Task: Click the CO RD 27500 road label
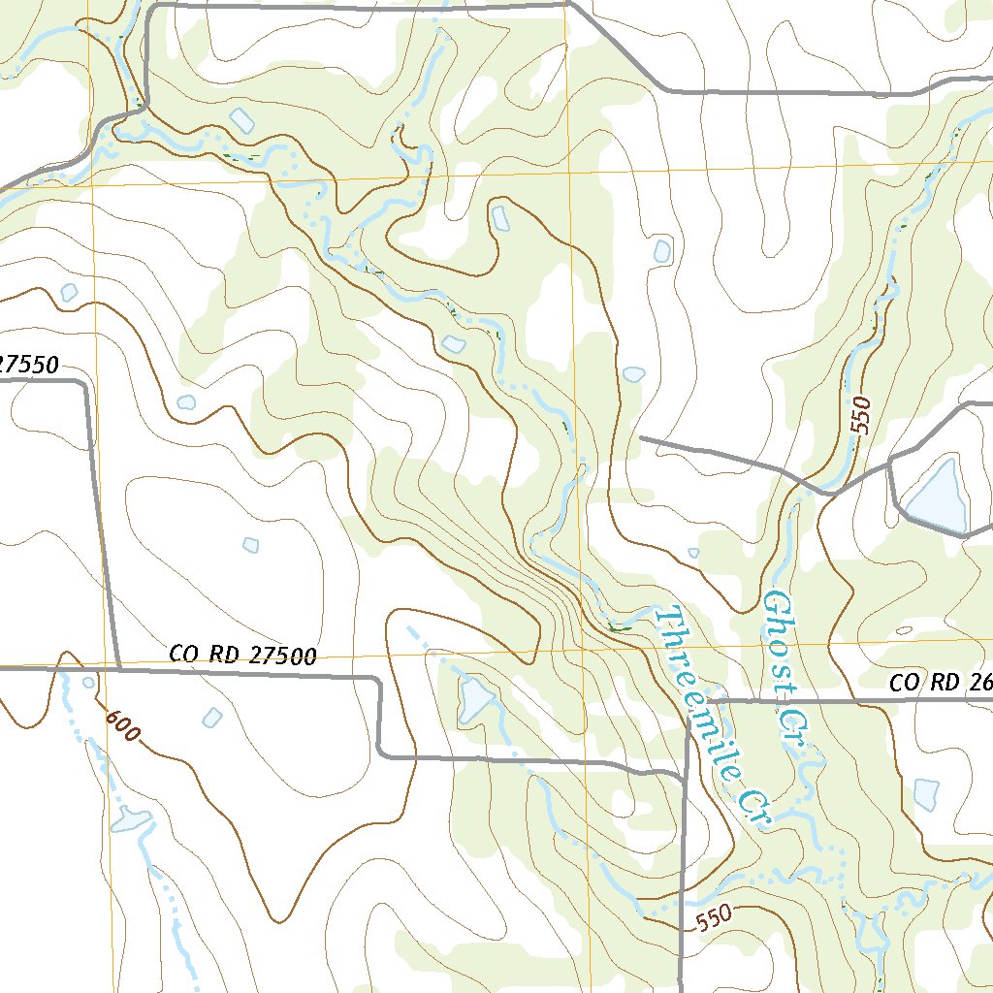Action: [x=242, y=656]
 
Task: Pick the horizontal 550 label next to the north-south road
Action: [x=713, y=917]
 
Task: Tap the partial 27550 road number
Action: [x=29, y=366]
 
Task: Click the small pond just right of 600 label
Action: [x=212, y=718]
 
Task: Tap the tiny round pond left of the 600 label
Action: [x=89, y=683]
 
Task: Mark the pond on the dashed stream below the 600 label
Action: [x=129, y=819]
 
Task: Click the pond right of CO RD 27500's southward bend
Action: [x=475, y=700]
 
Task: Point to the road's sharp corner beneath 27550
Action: [x=85, y=385]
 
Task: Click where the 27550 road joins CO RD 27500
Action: [x=118, y=668]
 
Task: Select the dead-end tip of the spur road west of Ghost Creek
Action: [x=641, y=438]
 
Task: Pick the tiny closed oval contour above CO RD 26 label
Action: [x=904, y=630]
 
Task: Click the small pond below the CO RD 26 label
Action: [x=926, y=794]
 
